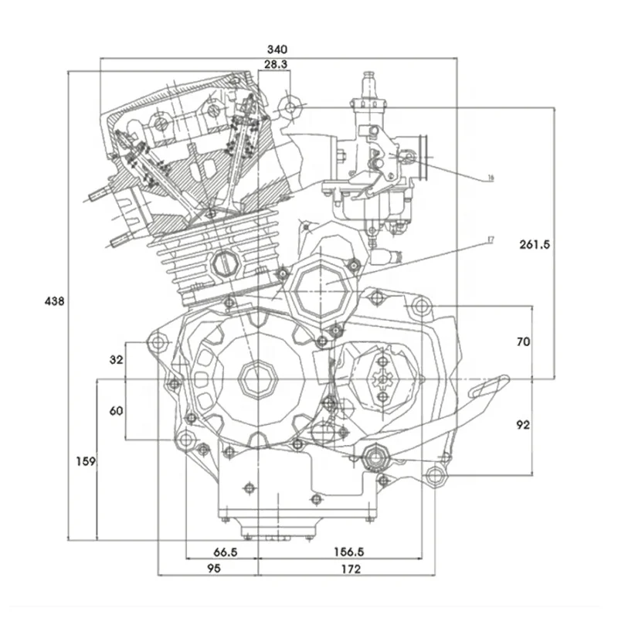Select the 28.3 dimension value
277,66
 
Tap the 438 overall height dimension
54,301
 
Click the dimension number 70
523,341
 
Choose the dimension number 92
523,424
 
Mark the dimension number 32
117,359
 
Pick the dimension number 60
117,411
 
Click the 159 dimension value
86,461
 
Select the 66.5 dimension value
224,552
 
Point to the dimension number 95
214,569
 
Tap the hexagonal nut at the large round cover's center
256,379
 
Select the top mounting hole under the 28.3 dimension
290,106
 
